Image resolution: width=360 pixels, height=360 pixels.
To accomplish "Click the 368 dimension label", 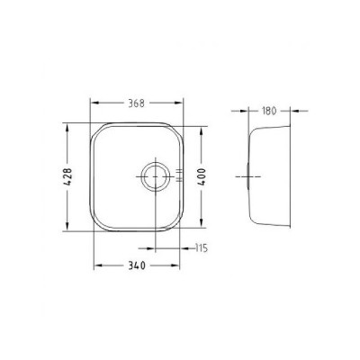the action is pos(137,103).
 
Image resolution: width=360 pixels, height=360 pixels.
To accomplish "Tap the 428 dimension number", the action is pos(68,176).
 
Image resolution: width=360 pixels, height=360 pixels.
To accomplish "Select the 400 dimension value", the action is pos(202,176).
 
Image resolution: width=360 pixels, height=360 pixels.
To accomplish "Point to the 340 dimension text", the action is pos(137,265).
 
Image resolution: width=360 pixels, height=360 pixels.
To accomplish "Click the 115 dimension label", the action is pos(202,248).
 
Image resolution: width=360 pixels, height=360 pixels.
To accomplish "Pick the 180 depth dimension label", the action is pos(269,111).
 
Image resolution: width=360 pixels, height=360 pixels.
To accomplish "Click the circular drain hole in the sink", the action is pos(156,176).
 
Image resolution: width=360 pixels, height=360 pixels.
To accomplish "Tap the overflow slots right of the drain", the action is pos(179,175).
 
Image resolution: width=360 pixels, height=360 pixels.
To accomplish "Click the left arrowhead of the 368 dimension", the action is pos(94,103).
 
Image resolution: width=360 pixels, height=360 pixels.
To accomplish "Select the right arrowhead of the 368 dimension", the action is pos(178,103).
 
